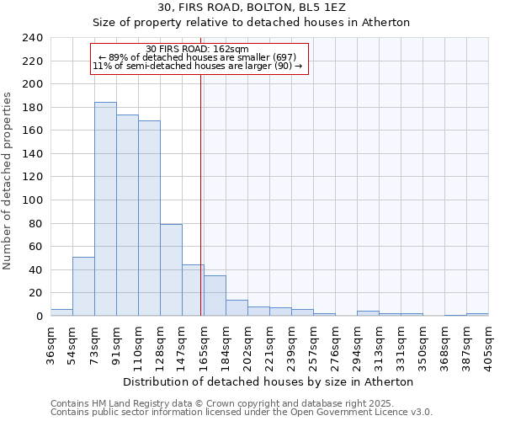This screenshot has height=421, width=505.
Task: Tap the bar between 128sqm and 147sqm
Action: point(171,269)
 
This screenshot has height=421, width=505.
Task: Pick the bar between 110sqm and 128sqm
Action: point(149,218)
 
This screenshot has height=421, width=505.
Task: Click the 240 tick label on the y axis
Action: point(32,38)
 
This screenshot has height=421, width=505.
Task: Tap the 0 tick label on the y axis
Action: point(39,316)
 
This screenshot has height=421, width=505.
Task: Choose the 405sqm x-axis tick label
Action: point(489,346)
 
